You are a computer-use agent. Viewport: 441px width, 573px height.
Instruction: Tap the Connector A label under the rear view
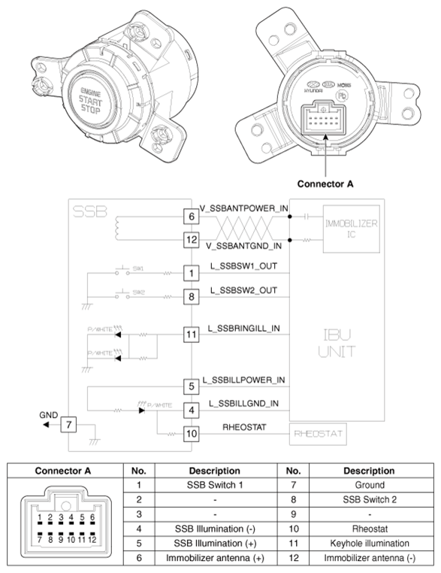pos(325,183)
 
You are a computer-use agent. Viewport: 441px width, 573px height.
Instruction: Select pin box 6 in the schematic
pos(192,217)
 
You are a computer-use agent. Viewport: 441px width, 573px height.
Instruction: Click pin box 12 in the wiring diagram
pos(192,240)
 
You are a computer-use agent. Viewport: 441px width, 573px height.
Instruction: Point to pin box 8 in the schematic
pos(192,296)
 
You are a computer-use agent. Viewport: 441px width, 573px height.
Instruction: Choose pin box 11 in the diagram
pos(192,335)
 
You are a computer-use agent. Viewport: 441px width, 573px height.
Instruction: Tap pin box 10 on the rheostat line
pos(192,433)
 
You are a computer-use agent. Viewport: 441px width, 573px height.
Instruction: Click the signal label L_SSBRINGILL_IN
pos(244,328)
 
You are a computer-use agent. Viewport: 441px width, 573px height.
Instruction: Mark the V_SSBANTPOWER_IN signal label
pos(244,208)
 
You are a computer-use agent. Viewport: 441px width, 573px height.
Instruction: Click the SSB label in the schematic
pos(90,213)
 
